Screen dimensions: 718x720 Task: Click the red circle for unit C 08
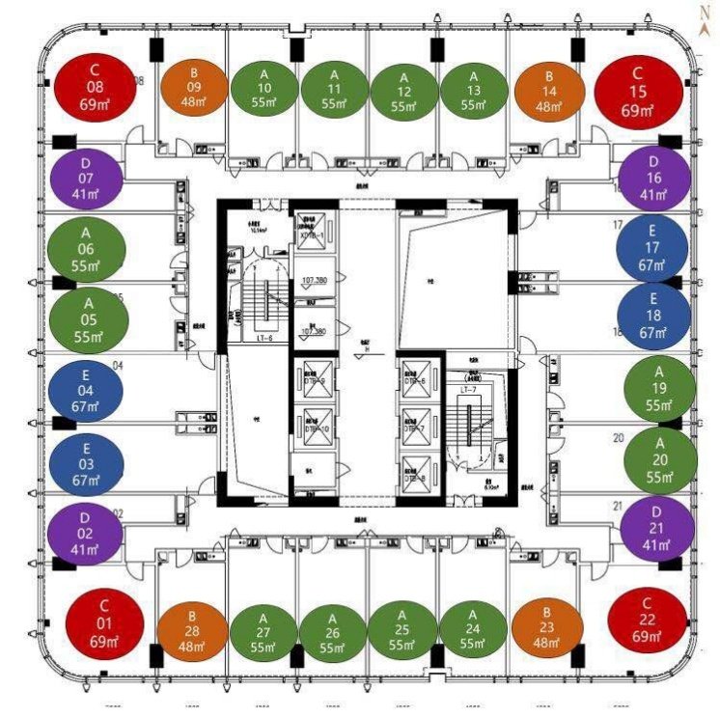pyautogui.click(x=95, y=88)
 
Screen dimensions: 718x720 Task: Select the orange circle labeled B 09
pyautogui.click(x=193, y=88)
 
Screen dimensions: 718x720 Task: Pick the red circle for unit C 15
pyautogui.click(x=636, y=88)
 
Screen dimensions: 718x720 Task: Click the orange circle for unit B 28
pyautogui.click(x=192, y=631)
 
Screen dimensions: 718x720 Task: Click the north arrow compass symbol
pyautogui.click(x=707, y=14)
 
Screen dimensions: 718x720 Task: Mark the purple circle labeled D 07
pyautogui.click(x=86, y=178)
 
